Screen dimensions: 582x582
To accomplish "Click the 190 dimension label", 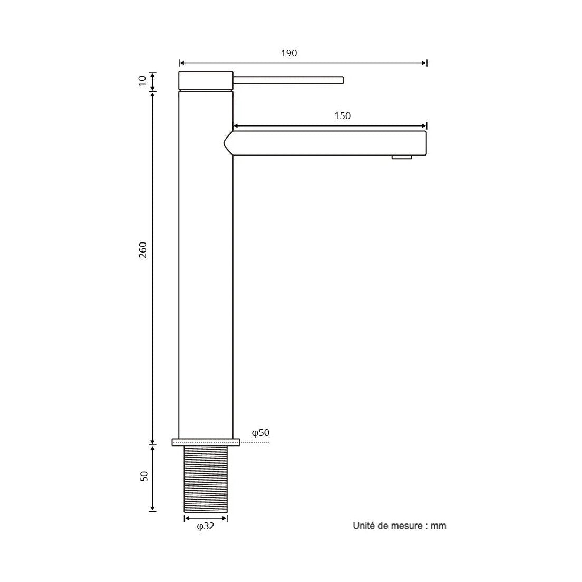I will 289,53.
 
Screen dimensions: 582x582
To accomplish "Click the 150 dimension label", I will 342,116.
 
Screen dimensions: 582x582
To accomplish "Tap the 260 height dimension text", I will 143,250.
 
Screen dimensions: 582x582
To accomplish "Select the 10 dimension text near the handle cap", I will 142,81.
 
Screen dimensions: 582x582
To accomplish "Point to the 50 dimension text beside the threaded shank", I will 144,476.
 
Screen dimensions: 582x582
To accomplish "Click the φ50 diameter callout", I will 260,433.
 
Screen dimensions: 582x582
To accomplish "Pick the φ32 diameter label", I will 206,526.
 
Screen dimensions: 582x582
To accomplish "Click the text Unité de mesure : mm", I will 399,526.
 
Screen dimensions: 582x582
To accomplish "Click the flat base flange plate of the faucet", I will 206,442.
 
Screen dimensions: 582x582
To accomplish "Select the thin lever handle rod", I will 287,80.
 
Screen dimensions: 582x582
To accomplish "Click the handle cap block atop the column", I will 206,80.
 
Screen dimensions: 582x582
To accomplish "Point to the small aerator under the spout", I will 402,157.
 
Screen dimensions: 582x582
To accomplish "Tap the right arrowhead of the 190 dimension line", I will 424,63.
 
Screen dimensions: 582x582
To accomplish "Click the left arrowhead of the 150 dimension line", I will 236,126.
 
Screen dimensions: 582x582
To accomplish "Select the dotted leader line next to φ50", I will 255,442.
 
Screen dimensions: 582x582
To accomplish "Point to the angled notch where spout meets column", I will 228,142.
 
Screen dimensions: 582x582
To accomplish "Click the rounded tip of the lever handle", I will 342,80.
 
